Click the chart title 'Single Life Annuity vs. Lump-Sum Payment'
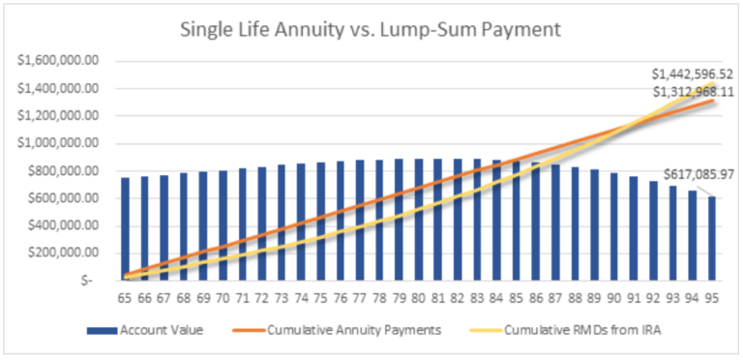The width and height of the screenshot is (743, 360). [371, 29]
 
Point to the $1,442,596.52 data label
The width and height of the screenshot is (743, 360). [692, 74]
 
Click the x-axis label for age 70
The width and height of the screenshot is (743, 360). [223, 300]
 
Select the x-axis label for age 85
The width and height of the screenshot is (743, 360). [518, 300]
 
